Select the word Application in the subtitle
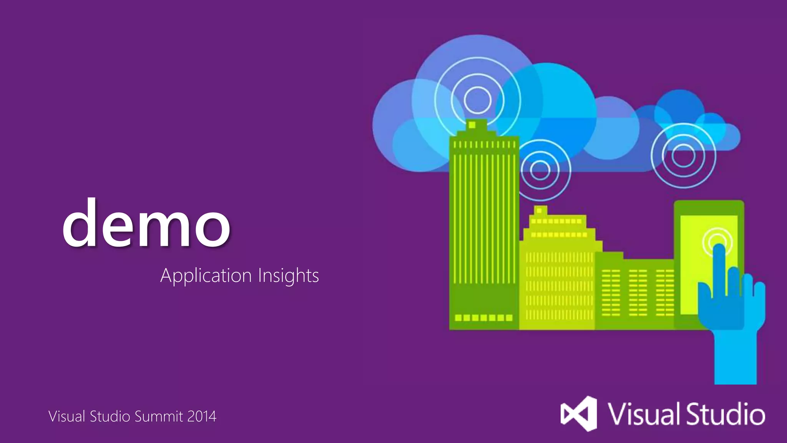click(206, 276)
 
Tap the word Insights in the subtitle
click(288, 276)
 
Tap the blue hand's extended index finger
click(719, 269)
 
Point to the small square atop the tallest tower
click(472, 125)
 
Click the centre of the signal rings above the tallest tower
click(477, 100)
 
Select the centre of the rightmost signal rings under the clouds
click(683, 156)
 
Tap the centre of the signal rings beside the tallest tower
click(540, 170)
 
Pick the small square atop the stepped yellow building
click(540, 210)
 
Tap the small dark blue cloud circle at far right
click(679, 104)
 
